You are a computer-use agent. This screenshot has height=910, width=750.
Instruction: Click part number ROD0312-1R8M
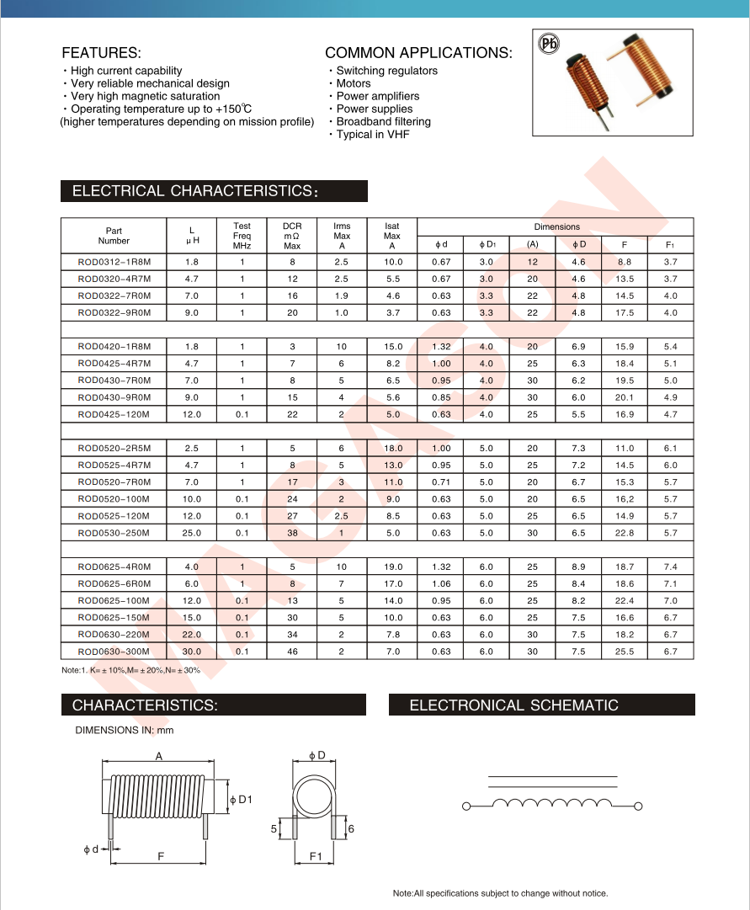point(114,262)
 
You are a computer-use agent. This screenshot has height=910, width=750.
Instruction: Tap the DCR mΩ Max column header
point(292,236)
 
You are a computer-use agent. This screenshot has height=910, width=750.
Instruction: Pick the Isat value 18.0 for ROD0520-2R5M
point(392,449)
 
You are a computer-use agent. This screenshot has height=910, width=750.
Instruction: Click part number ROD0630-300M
point(114,652)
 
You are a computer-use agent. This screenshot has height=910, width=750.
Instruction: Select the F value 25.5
point(624,652)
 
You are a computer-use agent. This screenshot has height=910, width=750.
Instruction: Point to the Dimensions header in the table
point(556,226)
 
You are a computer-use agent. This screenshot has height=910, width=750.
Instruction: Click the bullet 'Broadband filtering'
point(383,121)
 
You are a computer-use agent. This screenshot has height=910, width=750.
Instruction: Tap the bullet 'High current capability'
point(126,71)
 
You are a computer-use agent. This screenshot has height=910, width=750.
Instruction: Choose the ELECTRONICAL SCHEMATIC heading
point(513,705)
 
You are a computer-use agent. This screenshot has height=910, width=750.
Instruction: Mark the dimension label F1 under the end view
point(316,857)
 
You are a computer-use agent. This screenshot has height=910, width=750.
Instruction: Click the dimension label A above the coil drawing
point(159,757)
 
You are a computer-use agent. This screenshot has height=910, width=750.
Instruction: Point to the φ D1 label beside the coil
point(241,799)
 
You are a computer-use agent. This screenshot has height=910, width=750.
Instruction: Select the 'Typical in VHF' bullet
point(372,134)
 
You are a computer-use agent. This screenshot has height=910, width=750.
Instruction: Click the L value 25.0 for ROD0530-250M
point(192,533)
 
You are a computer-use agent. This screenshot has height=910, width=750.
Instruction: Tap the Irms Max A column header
point(342,236)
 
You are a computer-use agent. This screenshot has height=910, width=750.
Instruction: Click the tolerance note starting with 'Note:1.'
point(131,670)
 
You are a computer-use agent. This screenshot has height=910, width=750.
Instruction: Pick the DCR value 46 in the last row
point(292,652)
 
